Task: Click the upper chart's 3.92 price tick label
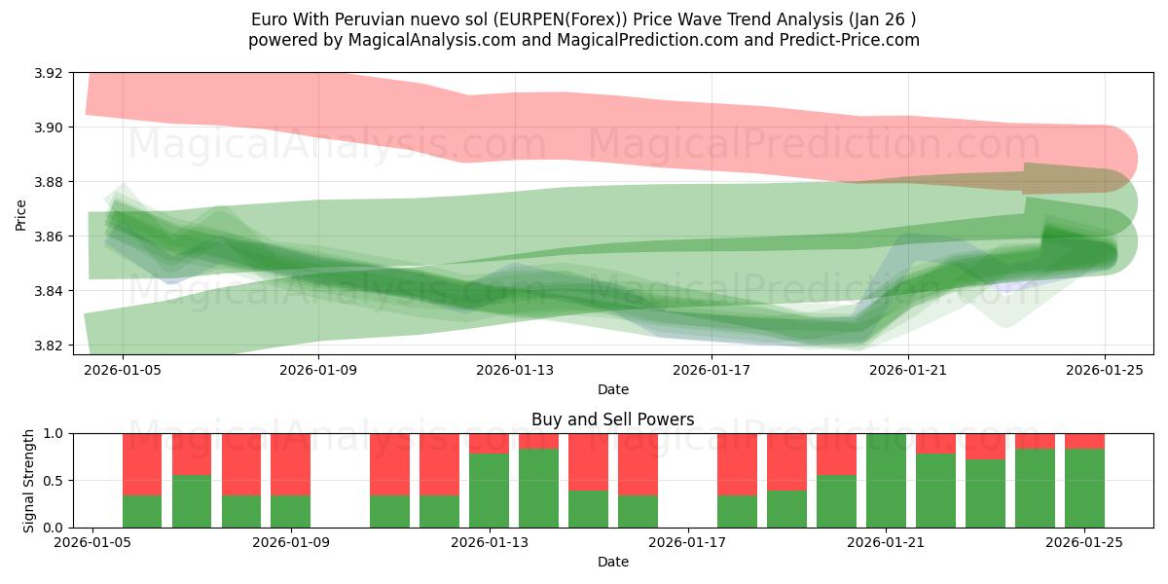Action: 49,73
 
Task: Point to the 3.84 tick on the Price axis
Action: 49,291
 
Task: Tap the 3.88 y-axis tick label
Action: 49,182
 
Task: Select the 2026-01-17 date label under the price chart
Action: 712,369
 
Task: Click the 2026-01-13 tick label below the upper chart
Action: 515,369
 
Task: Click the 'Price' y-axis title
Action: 21,214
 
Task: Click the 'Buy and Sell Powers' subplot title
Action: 613,420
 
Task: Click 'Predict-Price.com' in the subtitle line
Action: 853,40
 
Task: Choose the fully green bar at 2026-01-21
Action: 886,480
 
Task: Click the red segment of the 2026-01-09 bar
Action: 291,464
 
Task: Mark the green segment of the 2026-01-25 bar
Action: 1084,488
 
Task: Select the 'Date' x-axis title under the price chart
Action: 613,389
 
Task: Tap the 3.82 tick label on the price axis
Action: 49,346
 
